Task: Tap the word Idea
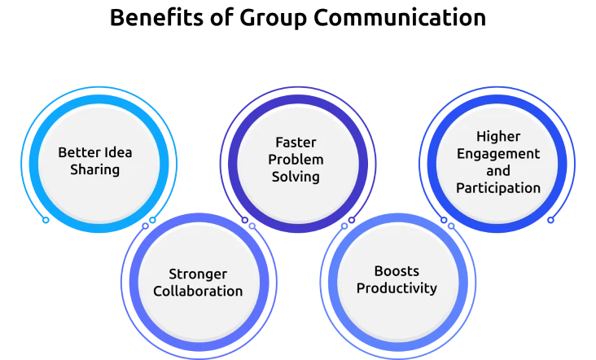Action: point(117,152)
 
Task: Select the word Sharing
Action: point(94,170)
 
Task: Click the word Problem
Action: point(296,159)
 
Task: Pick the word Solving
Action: point(296,177)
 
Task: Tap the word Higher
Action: point(497,136)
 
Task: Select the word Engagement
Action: point(497,153)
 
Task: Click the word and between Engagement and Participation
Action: point(497,170)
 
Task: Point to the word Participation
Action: point(497,188)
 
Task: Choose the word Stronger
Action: point(198,274)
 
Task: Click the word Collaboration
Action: point(198,292)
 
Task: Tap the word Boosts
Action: point(397,270)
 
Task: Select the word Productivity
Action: point(397,288)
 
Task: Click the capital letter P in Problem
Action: point(273,159)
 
